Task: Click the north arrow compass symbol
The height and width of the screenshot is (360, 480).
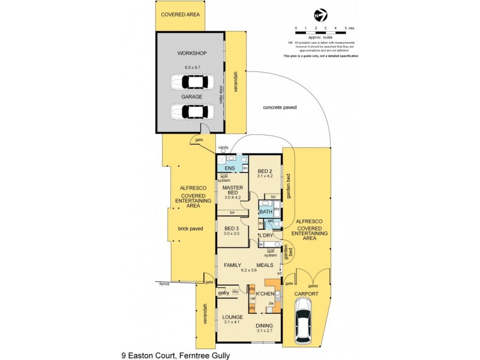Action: [x=321, y=15]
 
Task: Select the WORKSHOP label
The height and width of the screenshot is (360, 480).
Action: [x=191, y=53]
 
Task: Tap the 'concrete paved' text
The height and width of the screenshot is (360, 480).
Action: [x=280, y=107]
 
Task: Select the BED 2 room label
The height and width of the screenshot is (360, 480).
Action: [x=265, y=171]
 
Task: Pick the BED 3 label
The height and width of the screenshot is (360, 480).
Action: [x=232, y=228]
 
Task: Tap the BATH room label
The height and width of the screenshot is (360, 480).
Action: [x=265, y=212]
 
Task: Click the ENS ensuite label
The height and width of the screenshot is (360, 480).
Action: [x=229, y=169]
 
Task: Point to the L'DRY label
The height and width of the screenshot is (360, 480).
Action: [x=266, y=236]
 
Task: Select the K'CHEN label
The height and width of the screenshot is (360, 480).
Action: [x=265, y=293]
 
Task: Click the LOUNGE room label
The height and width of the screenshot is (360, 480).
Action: [x=232, y=317]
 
